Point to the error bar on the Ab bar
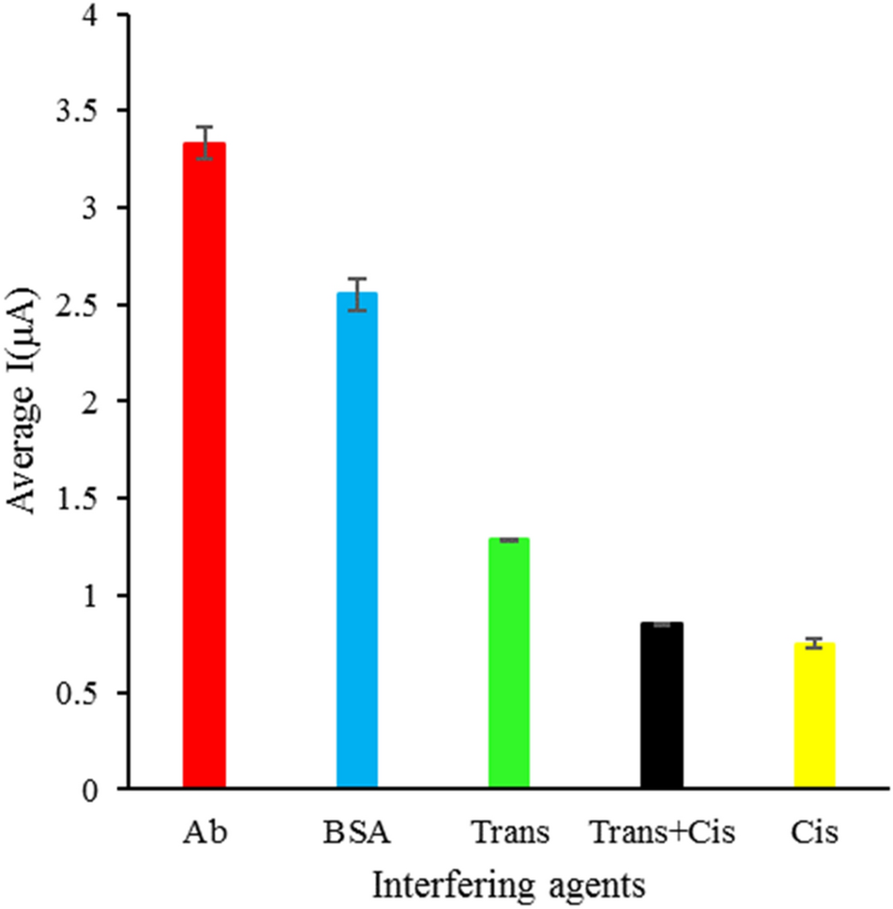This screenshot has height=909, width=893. tap(204, 143)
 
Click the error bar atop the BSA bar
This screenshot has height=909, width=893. tap(356, 294)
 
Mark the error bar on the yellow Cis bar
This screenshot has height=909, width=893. tap(814, 643)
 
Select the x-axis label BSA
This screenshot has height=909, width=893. tap(356, 832)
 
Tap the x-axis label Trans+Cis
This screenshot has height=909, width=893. tap(660, 832)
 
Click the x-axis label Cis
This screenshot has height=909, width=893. tap(814, 832)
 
